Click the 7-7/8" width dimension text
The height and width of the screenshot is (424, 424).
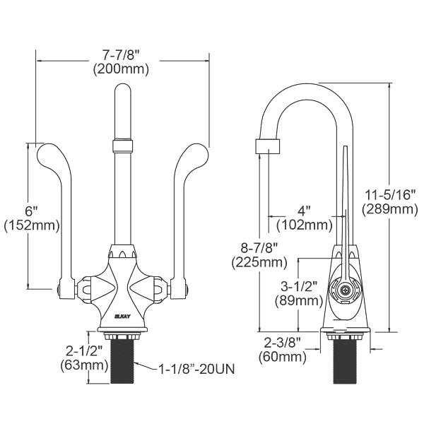pyautogui.click(x=121, y=55)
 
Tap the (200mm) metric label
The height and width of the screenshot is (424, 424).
pyautogui.click(x=121, y=69)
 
